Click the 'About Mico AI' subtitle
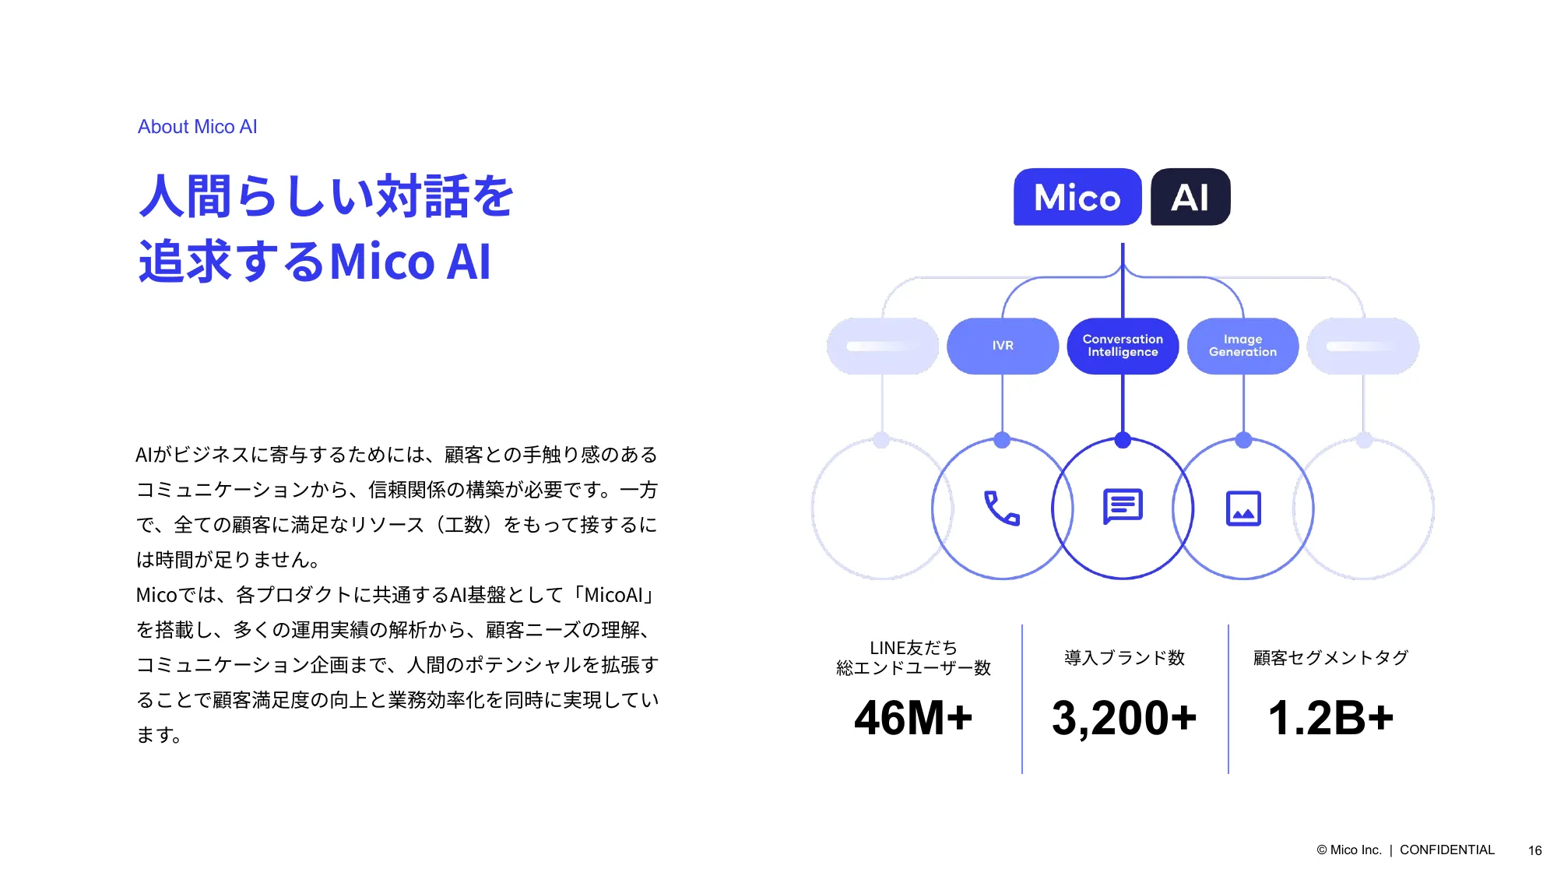point(197,127)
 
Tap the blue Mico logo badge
point(1077,197)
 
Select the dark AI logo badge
point(1190,197)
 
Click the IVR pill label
point(1003,346)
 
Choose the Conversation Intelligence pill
point(1123,346)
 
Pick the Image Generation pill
point(1242,346)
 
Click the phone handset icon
point(1002,508)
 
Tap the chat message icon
point(1123,507)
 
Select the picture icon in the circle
point(1243,508)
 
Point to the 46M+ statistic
point(913,717)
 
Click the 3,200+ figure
point(1124,718)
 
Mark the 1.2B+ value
point(1330,717)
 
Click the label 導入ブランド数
point(1124,658)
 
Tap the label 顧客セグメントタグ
point(1330,658)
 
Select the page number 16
point(1534,850)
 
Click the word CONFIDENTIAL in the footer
point(1447,850)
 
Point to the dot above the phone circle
point(1002,440)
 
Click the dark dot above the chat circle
point(1123,440)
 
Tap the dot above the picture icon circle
point(1243,440)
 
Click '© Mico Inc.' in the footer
point(1349,850)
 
